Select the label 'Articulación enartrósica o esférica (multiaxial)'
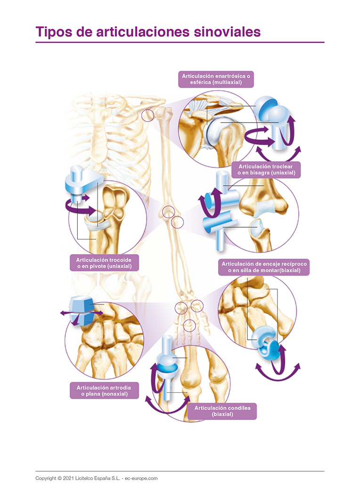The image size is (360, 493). click(x=216, y=79)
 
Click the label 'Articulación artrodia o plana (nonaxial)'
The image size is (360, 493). click(x=104, y=390)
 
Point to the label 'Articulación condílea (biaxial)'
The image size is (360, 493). click(x=222, y=411)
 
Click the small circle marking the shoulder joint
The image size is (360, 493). click(x=147, y=115)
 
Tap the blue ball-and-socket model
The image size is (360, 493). click(x=272, y=118)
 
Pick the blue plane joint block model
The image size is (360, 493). click(x=79, y=312)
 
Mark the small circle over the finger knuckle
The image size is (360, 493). click(x=189, y=325)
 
